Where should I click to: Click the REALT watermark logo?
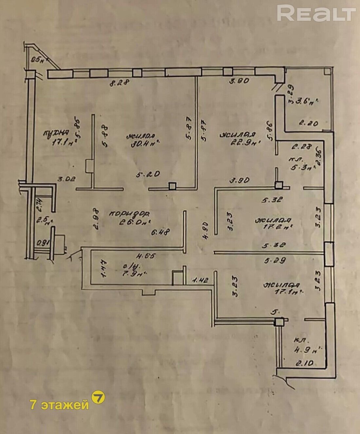pyautogui.click(x=316, y=13)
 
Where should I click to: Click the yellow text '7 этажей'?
pyautogui.click(x=59, y=405)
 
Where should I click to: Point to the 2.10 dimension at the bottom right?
pyautogui.click(x=305, y=363)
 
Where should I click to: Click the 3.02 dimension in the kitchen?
pyautogui.click(x=66, y=179)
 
